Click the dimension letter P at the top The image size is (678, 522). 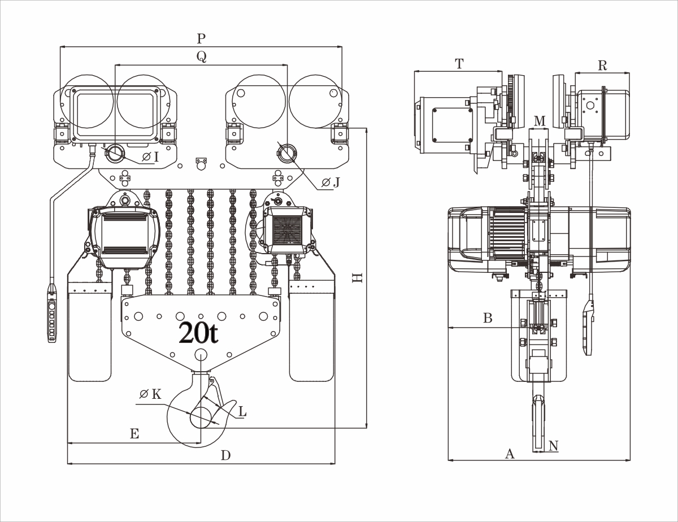(201, 39)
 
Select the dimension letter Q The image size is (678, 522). (201, 56)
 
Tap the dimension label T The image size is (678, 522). (459, 64)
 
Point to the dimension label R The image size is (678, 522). (602, 66)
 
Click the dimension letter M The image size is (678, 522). (540, 121)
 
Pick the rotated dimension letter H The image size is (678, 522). (357, 278)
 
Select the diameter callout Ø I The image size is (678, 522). (150, 156)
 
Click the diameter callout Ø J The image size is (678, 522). (330, 182)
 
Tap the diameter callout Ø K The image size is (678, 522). (150, 394)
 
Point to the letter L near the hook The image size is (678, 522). (242, 412)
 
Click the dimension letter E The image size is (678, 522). (134, 434)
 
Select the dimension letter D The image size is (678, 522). (225, 455)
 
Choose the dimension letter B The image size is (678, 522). (488, 318)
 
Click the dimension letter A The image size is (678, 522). (510, 453)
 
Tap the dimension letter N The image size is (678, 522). (553, 446)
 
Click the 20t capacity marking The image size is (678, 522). (198, 333)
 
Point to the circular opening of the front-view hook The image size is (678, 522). (199, 418)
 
